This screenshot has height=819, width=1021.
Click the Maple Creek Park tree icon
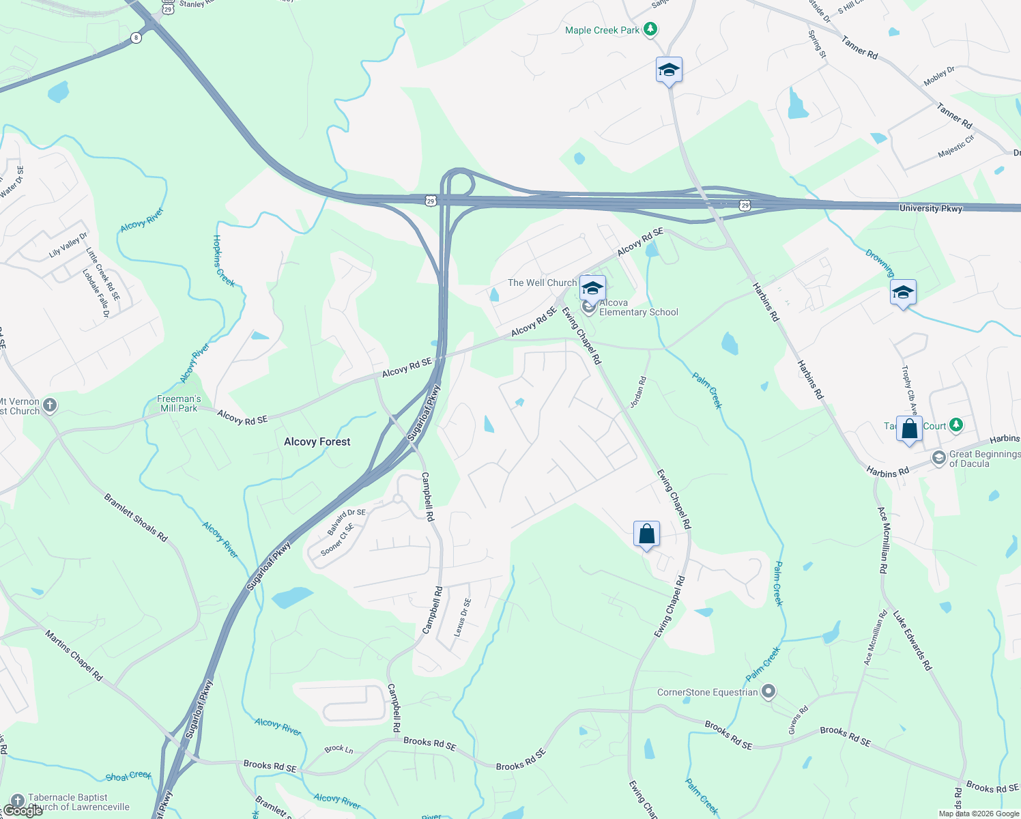[651, 29]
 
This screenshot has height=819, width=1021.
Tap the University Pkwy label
[930, 208]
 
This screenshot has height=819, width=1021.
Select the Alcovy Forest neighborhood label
[317, 442]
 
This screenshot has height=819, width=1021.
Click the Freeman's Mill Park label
[179, 403]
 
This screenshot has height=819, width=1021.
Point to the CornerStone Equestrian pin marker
[769, 692]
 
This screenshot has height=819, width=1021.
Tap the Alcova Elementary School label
[638, 308]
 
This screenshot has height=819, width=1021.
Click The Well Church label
[542, 283]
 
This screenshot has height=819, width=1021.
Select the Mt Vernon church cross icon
[50, 406]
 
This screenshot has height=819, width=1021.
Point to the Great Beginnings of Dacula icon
[939, 458]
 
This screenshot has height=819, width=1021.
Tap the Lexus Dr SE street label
[463, 617]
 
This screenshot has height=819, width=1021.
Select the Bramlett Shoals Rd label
[136, 517]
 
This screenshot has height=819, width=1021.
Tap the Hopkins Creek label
[224, 261]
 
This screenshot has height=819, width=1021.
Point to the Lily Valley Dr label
[68, 245]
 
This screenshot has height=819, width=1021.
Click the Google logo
[23, 811]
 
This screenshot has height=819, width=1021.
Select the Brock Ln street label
[339, 749]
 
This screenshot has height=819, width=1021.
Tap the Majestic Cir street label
[955, 146]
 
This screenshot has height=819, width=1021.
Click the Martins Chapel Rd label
[74, 655]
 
